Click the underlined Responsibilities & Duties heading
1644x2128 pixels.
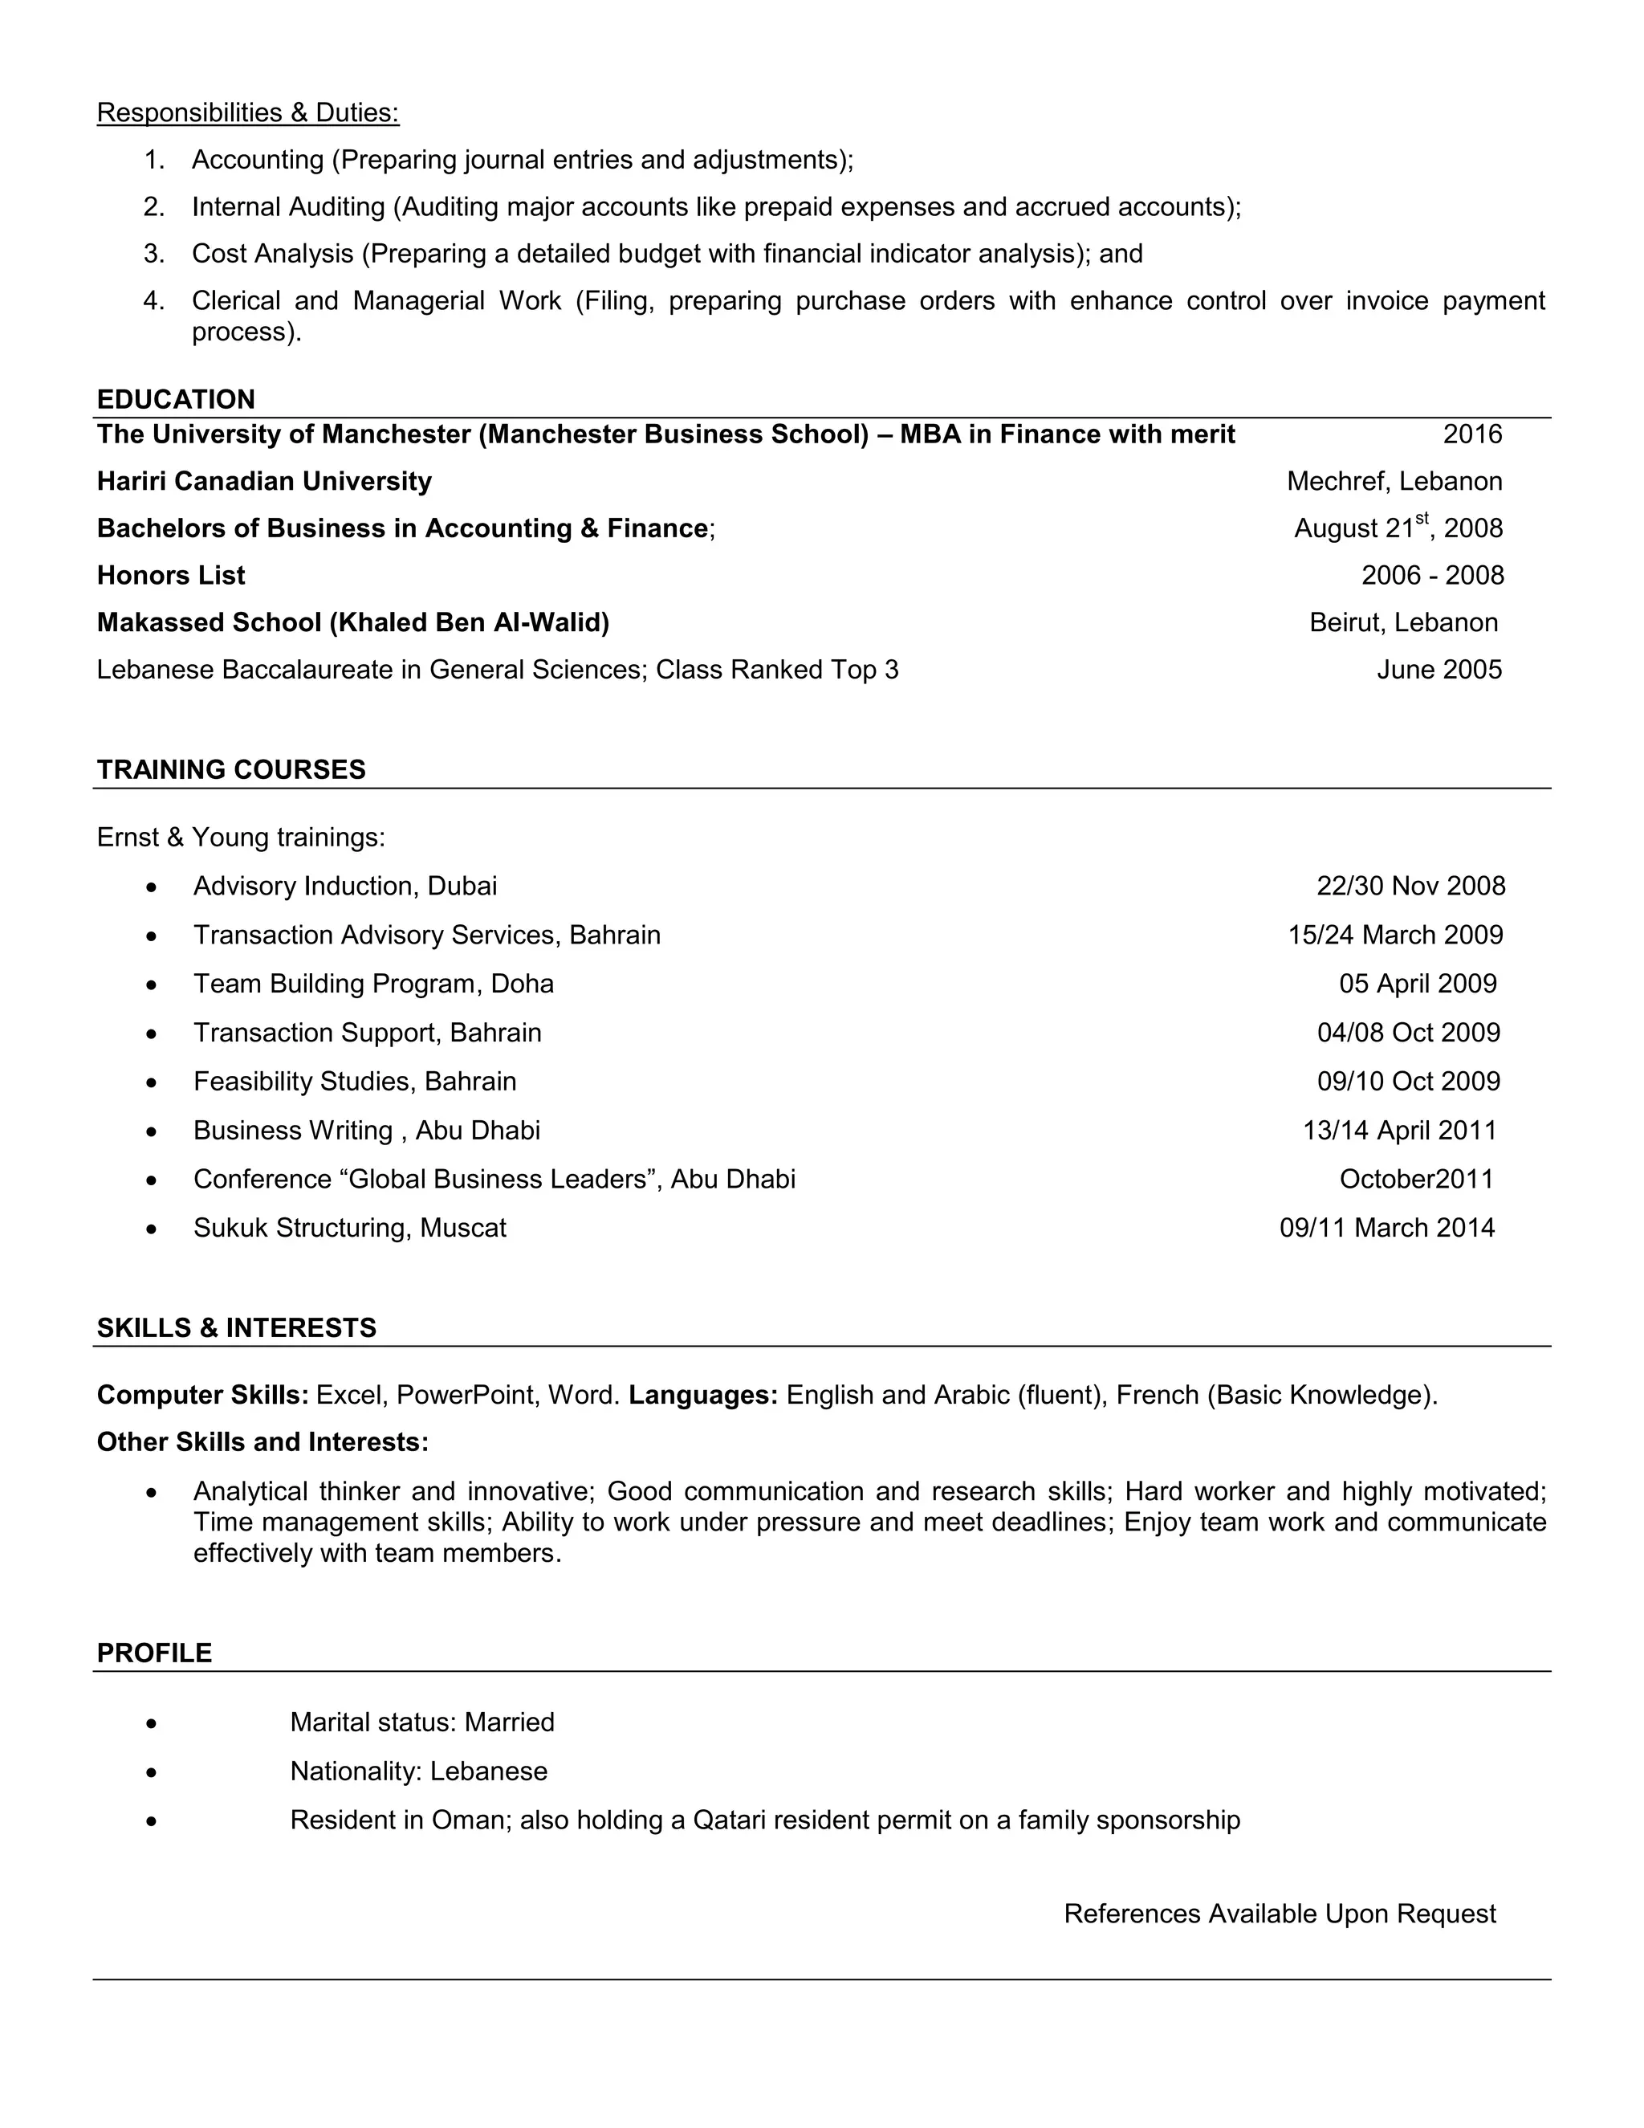coord(247,113)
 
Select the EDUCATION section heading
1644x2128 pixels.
coord(175,399)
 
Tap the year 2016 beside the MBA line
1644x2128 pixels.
coord(1471,434)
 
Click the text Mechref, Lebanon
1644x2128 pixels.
coord(1394,481)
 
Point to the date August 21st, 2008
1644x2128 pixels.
coord(1398,528)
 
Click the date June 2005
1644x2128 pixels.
coord(1438,671)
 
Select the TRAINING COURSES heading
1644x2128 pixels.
coord(231,770)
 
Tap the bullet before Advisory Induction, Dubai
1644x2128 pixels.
coord(151,887)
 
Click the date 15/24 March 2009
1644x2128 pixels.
coord(1394,936)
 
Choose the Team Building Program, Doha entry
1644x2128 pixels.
coord(373,985)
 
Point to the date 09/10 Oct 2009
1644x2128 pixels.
coord(1408,1082)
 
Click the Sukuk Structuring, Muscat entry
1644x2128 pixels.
coord(350,1228)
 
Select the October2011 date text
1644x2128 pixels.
coord(1416,1179)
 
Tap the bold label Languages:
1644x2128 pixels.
coord(702,1396)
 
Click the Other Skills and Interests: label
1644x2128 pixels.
coord(262,1442)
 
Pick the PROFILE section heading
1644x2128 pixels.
coord(154,1653)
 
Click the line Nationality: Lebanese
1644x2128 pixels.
coord(419,1771)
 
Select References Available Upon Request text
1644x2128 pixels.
coord(1279,1914)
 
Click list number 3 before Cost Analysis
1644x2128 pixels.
coord(154,255)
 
